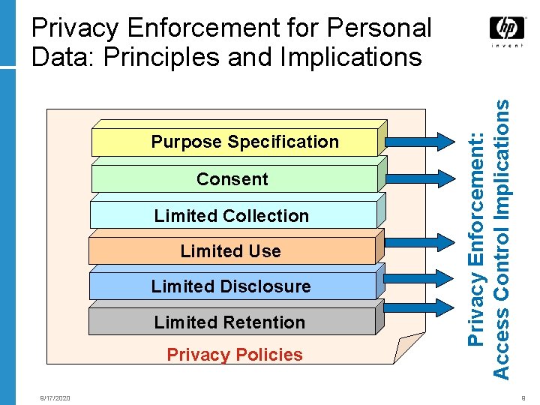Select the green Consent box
[x=232, y=179]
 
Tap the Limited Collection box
[x=232, y=215]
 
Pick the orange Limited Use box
[x=230, y=251]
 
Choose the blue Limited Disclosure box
[x=231, y=286]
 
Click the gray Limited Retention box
[x=230, y=322]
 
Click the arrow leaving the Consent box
[x=419, y=178]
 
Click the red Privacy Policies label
[x=235, y=355]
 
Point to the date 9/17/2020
[x=55, y=398]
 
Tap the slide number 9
[x=523, y=398]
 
